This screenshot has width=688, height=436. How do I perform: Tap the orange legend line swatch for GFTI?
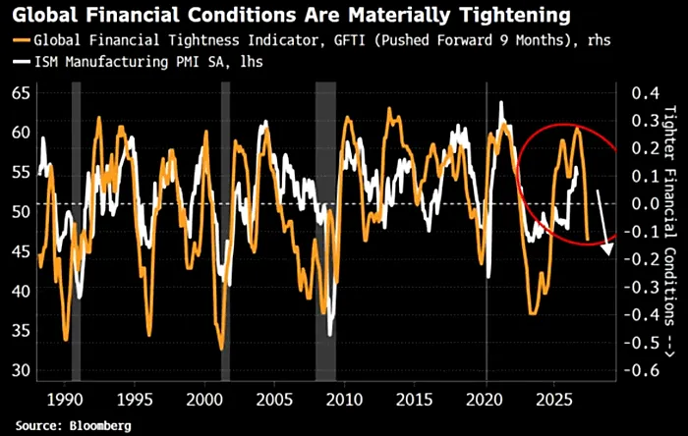coord(21,40)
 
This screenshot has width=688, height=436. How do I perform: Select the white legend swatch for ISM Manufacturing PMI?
coord(21,62)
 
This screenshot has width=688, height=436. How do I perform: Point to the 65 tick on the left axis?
coord(21,93)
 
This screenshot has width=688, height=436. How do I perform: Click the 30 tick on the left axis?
coord(21,370)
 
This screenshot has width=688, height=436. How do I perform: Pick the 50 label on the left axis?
coord(21,212)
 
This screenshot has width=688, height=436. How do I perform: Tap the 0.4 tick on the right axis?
coord(646,93)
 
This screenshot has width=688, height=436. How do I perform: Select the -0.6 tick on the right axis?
coord(642,370)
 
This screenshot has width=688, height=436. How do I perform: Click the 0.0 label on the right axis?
coord(646,203)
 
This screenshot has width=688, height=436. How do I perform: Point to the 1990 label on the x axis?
coord(65,400)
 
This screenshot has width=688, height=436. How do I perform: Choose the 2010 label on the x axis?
coord(345,400)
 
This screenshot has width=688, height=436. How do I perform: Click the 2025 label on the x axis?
coord(554,400)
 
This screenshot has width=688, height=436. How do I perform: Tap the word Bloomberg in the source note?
coord(100,425)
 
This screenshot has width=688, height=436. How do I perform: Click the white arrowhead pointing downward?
coord(607,249)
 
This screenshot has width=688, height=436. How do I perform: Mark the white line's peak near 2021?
coord(501,102)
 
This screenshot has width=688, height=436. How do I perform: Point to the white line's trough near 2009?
coord(330,335)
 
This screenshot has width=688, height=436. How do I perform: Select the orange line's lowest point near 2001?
coord(221,349)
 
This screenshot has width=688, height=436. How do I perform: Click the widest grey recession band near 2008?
coord(325,232)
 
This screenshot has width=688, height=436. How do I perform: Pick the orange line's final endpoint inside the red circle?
coord(588,240)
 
